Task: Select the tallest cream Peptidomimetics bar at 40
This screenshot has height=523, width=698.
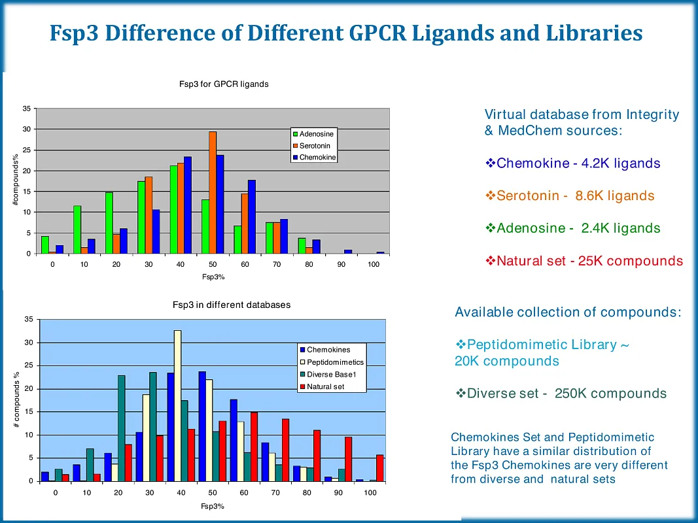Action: (x=177, y=405)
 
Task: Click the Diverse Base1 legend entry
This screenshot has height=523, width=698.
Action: (x=330, y=375)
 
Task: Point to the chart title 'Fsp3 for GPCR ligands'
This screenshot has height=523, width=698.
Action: (x=224, y=84)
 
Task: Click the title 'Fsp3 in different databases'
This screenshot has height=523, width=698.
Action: (x=232, y=305)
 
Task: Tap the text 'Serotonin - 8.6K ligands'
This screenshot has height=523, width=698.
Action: (x=575, y=195)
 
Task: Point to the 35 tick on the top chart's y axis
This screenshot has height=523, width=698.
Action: (x=27, y=109)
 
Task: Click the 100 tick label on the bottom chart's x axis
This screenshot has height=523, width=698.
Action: (x=370, y=492)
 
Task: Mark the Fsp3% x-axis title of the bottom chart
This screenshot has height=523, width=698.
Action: (x=212, y=507)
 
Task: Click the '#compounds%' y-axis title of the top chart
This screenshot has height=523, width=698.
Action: (x=16, y=181)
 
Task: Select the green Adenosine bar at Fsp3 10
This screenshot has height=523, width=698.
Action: (x=77, y=229)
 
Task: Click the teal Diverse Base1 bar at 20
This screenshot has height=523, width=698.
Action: (x=121, y=428)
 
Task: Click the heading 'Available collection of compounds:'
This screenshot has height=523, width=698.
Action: (x=568, y=312)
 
